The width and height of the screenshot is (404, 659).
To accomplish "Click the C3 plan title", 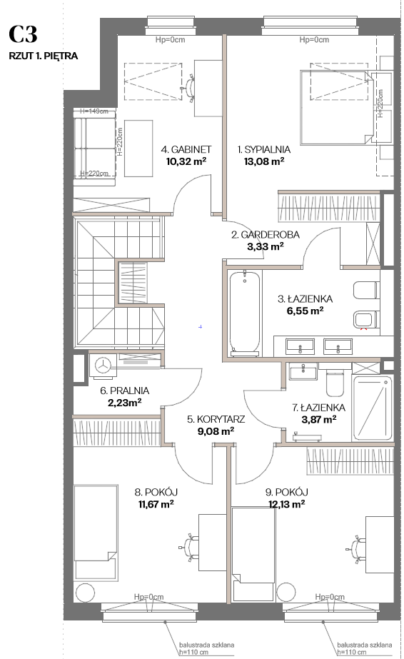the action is click(23, 34).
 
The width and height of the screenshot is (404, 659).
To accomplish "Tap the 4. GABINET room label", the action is click(186, 149).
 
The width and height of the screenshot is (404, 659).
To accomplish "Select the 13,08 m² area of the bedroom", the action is click(263, 161).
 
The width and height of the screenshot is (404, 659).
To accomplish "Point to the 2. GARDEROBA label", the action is click(266, 234).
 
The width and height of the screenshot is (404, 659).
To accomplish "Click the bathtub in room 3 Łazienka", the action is click(244, 311).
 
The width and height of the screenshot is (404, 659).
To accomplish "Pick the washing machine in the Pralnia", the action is click(102, 365).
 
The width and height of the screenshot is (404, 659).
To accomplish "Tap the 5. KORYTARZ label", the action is click(216, 419).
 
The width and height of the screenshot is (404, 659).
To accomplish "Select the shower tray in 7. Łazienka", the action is click(372, 408).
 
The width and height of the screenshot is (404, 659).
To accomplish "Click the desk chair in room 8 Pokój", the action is click(189, 547).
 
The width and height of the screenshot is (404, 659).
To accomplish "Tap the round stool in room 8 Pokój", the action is click(86, 593).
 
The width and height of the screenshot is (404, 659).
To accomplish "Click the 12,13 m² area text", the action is click(286, 504).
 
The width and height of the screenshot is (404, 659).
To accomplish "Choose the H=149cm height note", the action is click(94, 111).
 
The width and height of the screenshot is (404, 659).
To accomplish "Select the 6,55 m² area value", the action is click(303, 311).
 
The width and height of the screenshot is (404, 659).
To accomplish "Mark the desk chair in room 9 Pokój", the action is click(357, 548).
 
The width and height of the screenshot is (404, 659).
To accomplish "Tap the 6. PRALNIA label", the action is click(124, 391).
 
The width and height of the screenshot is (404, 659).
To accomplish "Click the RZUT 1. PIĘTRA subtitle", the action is click(44, 56).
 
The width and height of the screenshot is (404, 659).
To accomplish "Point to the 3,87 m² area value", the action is click(319, 419).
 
